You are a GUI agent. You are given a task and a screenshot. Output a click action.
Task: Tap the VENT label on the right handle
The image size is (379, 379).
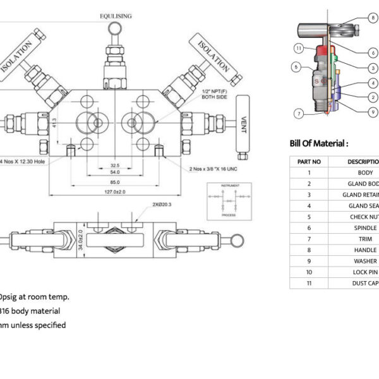(241, 123)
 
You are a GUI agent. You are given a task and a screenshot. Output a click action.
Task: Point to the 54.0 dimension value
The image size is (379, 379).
(115, 172)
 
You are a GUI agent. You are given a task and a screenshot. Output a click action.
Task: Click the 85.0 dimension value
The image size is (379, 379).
(114, 183)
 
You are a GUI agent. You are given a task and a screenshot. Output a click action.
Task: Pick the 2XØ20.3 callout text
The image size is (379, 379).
(162, 205)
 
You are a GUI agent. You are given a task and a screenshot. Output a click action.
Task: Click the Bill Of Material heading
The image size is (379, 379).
(319, 143)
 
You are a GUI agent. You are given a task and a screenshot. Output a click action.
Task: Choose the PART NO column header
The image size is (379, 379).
(309, 161)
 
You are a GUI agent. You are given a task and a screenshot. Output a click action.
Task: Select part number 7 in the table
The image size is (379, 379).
(309, 239)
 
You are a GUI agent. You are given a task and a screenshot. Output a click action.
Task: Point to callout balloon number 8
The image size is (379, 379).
(373, 18)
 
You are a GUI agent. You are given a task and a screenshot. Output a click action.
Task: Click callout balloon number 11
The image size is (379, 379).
(298, 48)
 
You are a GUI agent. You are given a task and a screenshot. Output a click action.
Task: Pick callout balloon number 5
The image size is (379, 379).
(295, 66)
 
